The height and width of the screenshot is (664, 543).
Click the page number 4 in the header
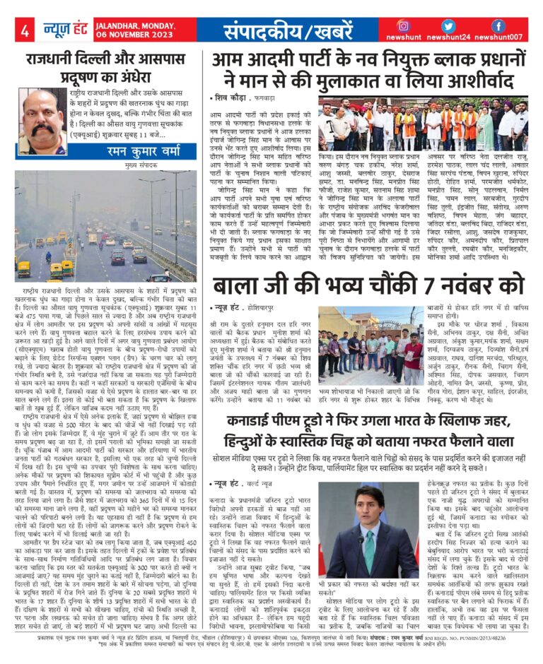point(24,31)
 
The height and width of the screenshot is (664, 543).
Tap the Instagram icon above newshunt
point(404,25)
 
